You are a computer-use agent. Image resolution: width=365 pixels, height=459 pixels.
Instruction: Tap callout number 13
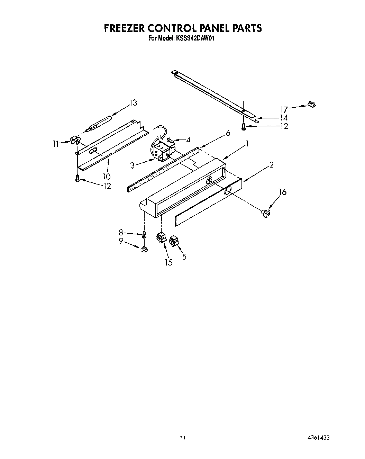133,103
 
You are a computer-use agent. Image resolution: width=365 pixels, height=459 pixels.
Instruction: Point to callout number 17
284,109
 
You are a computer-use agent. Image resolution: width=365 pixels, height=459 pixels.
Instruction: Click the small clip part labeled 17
312,103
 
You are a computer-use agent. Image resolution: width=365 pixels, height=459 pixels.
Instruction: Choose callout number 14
284,118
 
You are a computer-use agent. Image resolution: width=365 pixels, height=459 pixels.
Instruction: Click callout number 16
283,192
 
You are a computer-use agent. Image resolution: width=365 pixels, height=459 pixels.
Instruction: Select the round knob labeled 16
266,214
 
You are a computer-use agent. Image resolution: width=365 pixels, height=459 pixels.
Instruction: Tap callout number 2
272,165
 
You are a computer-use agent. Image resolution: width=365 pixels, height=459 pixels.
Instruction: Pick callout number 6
228,133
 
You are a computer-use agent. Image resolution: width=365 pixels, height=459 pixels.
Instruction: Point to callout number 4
188,140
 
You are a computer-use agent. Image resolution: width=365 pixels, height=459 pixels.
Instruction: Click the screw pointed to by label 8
144,235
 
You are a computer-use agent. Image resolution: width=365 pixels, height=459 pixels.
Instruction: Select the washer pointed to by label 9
143,248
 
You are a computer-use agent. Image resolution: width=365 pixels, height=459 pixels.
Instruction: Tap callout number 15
168,262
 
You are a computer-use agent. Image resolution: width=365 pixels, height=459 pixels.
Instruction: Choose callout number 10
107,176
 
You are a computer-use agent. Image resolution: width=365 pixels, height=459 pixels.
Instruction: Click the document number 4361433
317,438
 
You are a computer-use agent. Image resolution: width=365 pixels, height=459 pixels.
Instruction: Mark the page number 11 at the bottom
182,438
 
